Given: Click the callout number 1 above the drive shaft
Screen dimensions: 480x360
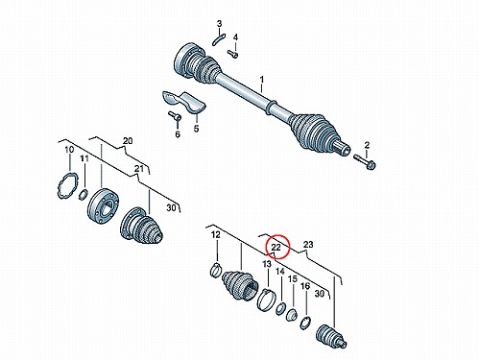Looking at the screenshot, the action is (x=262, y=79).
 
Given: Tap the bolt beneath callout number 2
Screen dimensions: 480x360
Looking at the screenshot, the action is (x=365, y=161).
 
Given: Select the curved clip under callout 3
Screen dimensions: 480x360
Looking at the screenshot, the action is (x=219, y=39).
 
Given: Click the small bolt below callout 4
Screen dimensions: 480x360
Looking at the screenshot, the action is (x=233, y=54).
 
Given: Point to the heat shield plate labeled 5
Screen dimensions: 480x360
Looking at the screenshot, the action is (x=184, y=101).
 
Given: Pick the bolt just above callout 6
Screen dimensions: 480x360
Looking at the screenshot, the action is (x=176, y=116).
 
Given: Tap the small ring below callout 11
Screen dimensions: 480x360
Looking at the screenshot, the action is (x=84, y=194).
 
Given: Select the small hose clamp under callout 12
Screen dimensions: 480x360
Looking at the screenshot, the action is (x=216, y=269).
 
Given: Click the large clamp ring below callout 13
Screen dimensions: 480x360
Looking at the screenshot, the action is (x=266, y=300).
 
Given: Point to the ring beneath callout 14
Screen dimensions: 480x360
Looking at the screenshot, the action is (x=280, y=308).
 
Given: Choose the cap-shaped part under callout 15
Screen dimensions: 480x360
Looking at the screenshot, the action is (x=292, y=315).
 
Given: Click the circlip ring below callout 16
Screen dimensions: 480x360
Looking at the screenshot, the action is (x=305, y=323).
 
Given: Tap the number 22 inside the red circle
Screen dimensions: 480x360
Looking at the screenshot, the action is (x=276, y=247).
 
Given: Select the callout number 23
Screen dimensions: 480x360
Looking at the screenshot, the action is (x=308, y=245).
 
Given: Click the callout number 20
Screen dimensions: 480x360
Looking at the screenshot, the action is (x=128, y=141).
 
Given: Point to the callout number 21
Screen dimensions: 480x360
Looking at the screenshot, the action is (x=139, y=168).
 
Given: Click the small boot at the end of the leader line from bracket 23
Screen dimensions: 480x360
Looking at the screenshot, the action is (x=331, y=337).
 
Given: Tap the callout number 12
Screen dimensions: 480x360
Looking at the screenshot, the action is (x=216, y=235).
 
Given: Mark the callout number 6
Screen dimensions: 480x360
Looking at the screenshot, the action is (x=178, y=134).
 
